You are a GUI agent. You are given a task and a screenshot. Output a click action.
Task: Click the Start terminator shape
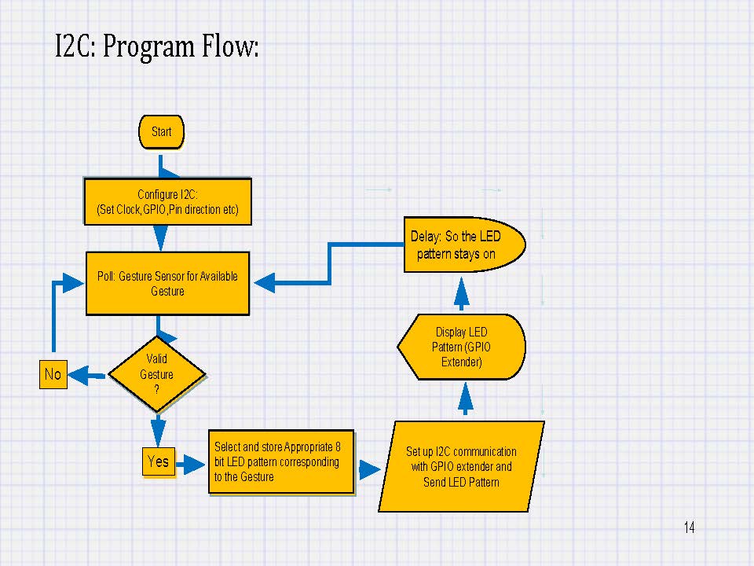[x=161, y=132]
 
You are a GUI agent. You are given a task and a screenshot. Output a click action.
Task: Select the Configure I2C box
[x=168, y=202]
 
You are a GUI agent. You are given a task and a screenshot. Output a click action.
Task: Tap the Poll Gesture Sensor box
[x=168, y=284]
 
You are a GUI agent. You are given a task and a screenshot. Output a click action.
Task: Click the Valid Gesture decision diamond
[x=157, y=374]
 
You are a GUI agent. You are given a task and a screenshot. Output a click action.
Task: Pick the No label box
[x=53, y=374]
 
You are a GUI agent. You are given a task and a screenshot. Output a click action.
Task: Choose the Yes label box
[x=158, y=461]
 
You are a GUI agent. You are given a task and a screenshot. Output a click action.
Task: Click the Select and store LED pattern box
[x=281, y=461]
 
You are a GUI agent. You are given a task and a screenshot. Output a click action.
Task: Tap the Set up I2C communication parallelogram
[x=461, y=466]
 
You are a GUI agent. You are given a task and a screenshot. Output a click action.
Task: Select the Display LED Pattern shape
[x=461, y=347]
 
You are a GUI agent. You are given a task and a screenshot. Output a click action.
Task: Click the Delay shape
[x=464, y=244]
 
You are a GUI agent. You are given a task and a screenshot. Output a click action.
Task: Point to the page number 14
[x=689, y=527]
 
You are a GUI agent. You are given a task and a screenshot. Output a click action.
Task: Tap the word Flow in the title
[x=230, y=46]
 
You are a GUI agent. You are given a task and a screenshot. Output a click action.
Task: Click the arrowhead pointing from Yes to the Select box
[x=193, y=465]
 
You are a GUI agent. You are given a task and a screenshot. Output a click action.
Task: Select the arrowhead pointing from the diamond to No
[x=79, y=376]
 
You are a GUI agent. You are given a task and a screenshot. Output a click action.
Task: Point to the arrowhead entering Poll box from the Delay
[x=265, y=282]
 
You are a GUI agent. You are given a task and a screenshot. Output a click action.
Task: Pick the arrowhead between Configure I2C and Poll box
[x=160, y=237]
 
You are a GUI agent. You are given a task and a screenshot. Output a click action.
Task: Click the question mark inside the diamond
[x=157, y=389]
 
